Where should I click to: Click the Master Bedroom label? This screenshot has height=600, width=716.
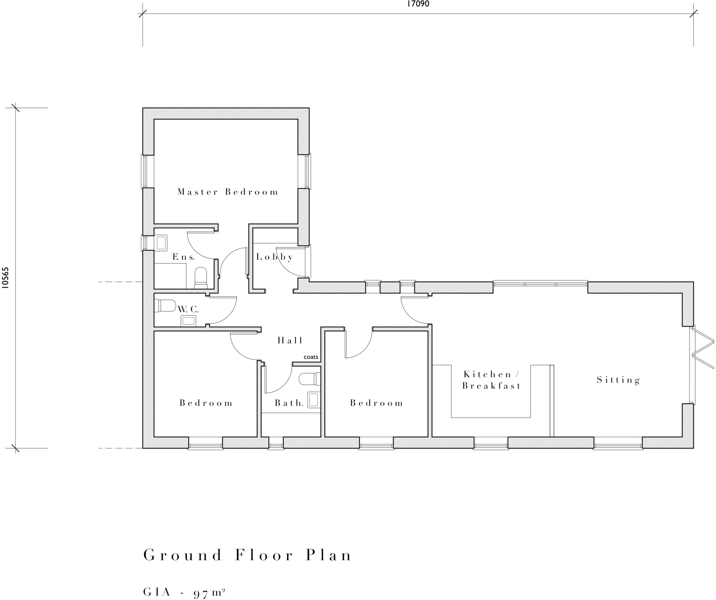point(228,192)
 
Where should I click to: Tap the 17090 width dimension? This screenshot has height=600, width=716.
point(418,4)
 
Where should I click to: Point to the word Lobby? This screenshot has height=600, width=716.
point(274,257)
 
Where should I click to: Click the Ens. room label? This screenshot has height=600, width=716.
point(184,257)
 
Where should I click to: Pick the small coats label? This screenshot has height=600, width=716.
point(311,357)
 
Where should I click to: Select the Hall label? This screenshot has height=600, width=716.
point(290,340)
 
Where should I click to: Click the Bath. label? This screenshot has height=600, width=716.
point(289,403)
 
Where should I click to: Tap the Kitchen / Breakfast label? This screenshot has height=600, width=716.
point(491,380)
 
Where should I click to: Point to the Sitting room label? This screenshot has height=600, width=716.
point(618,380)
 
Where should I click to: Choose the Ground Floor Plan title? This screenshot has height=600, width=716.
point(248,555)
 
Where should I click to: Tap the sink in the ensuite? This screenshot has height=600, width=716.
point(161,243)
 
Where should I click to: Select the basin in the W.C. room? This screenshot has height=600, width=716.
point(188,320)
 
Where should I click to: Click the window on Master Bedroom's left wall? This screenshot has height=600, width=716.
point(147,172)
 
